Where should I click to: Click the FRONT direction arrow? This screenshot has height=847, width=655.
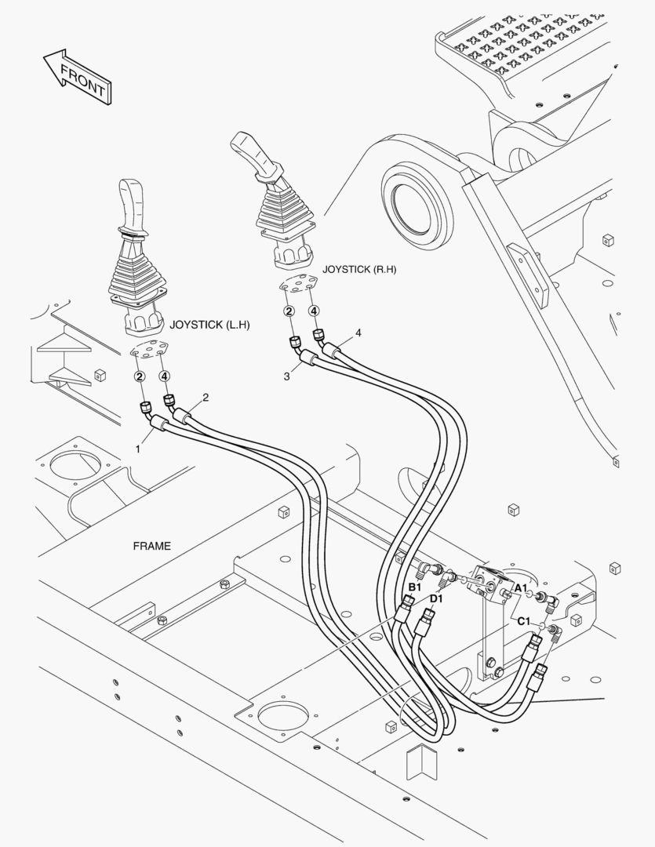(77, 76)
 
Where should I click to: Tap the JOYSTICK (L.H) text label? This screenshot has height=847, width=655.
(209, 325)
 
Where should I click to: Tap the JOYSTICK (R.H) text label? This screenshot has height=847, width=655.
(359, 269)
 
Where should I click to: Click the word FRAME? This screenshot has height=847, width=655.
(152, 546)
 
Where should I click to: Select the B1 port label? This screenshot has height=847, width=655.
(414, 587)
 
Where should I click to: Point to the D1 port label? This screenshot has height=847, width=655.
(437, 598)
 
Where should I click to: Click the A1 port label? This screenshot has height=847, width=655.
(520, 587)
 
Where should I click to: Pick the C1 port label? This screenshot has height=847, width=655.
(524, 621)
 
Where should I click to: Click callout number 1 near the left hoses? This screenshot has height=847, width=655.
(138, 449)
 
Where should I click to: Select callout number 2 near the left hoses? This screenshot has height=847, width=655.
(206, 398)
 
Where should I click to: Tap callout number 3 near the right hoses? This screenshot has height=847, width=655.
(287, 376)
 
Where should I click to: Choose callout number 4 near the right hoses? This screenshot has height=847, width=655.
(358, 333)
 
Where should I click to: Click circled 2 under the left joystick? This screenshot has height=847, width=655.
(140, 376)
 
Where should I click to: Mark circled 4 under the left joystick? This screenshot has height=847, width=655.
(164, 376)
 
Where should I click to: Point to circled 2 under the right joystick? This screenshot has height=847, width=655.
(289, 311)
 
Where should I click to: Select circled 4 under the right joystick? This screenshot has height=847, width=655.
(314, 311)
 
